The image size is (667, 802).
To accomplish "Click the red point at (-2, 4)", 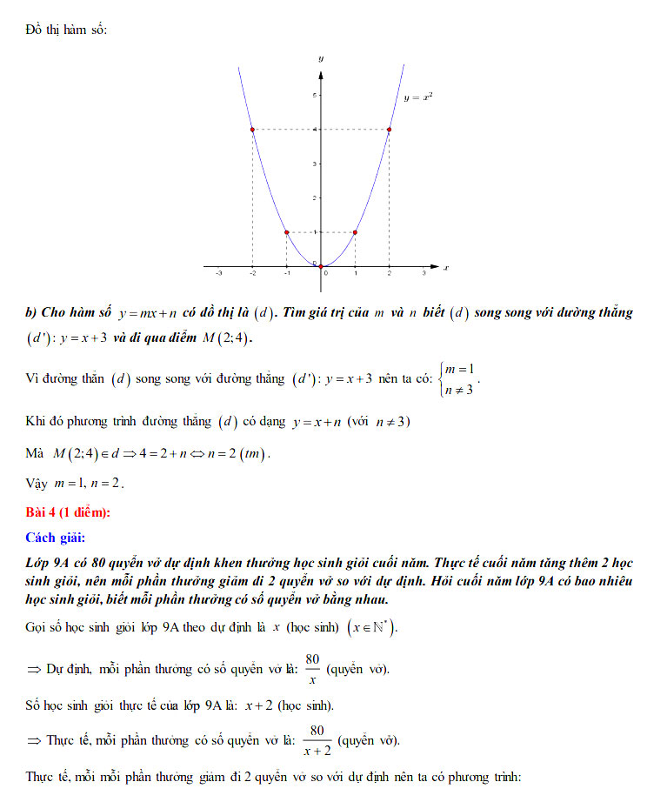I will tap(252, 130).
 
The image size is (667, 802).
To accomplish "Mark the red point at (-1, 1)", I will tap(286, 232).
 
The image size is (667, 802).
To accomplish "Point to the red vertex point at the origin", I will tap(321, 266).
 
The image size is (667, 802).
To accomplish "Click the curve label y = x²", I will tap(418, 98).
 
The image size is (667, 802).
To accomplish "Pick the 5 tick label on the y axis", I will tap(315, 95).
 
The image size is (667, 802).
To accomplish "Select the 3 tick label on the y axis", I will tap(315, 164).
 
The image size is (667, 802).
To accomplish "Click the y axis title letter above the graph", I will tap(321, 57).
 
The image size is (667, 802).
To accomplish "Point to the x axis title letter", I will tap(445, 268).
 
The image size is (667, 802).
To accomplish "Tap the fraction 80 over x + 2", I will tap(317, 739).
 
